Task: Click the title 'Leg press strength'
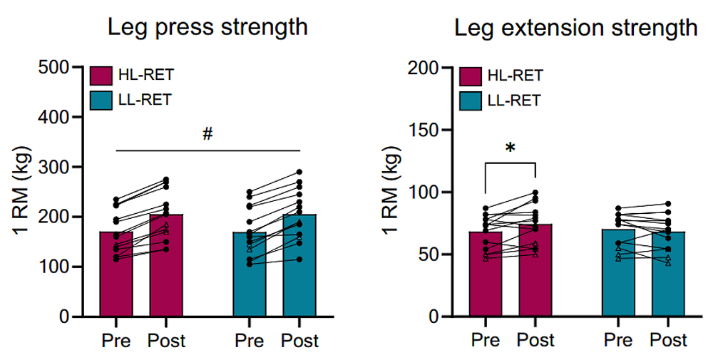(207, 28)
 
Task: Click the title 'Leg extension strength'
(576, 28)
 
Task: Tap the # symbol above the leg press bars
(207, 134)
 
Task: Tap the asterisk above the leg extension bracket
(510, 148)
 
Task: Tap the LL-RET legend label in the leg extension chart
(514, 100)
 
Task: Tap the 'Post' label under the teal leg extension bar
(668, 341)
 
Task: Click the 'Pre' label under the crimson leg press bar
(116, 341)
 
